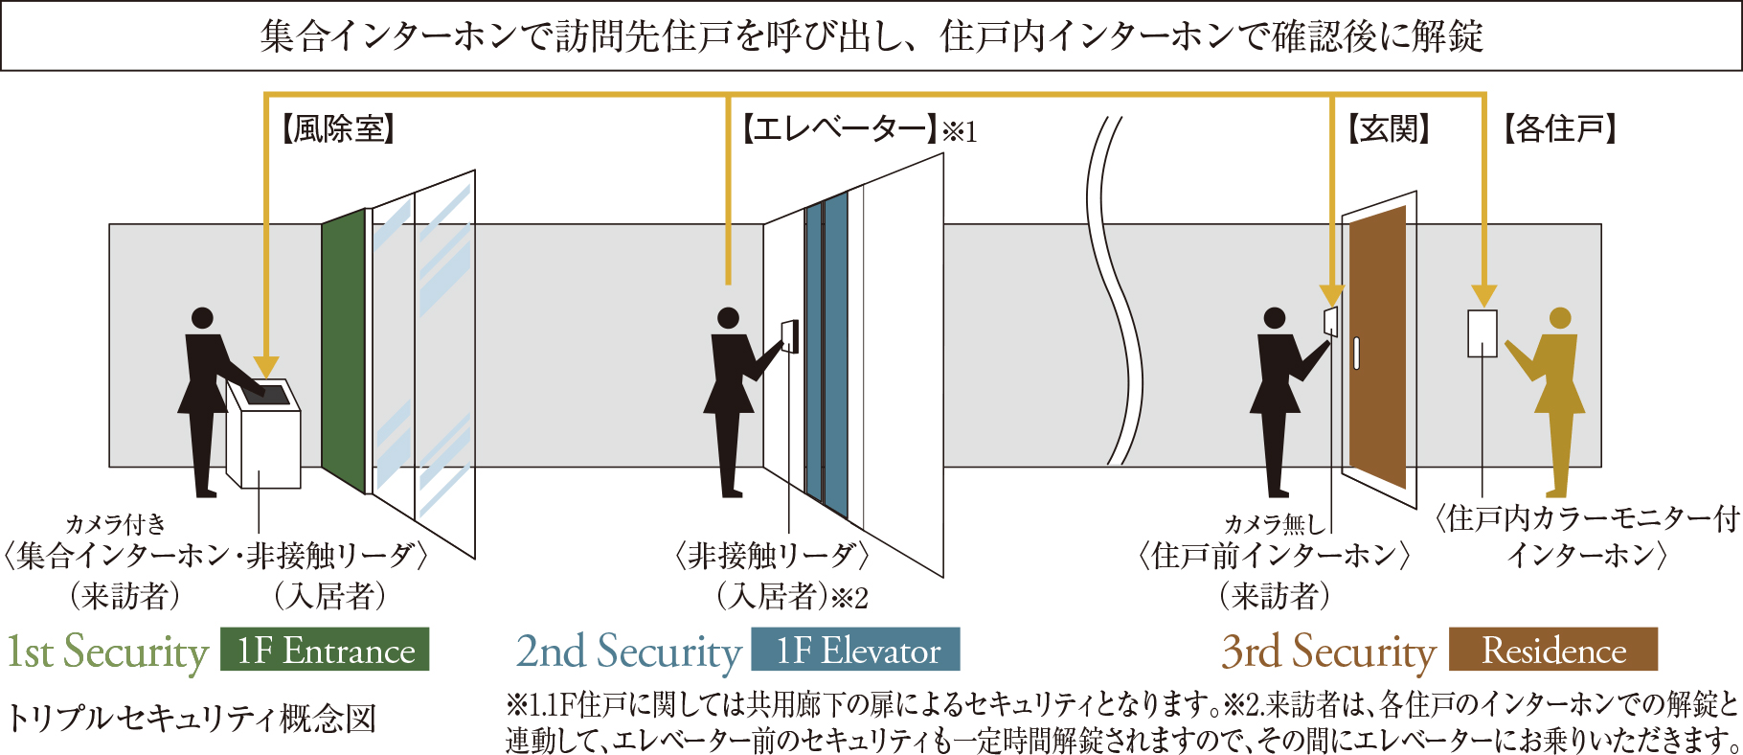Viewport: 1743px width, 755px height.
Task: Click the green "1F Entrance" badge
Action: point(325,650)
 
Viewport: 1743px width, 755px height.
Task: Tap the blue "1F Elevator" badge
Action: point(855,650)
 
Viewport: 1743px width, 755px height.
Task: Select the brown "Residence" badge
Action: point(1553,650)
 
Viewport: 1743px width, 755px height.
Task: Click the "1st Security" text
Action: point(107,652)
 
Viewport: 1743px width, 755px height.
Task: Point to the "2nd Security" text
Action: point(628,652)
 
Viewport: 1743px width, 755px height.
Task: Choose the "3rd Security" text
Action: point(1328,652)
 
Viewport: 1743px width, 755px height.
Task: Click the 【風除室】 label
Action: point(338,129)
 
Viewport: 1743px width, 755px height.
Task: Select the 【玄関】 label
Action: point(1390,129)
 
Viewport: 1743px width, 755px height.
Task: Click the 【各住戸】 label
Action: point(1560,129)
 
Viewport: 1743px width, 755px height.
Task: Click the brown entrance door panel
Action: point(1377,347)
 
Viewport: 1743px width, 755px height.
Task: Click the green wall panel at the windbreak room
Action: point(344,351)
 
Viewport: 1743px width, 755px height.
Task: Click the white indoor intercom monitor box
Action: point(1483,333)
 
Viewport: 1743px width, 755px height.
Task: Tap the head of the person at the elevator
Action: point(729,318)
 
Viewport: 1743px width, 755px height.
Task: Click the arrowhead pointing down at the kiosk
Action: point(266,368)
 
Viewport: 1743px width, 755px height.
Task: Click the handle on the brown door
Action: point(1356,354)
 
